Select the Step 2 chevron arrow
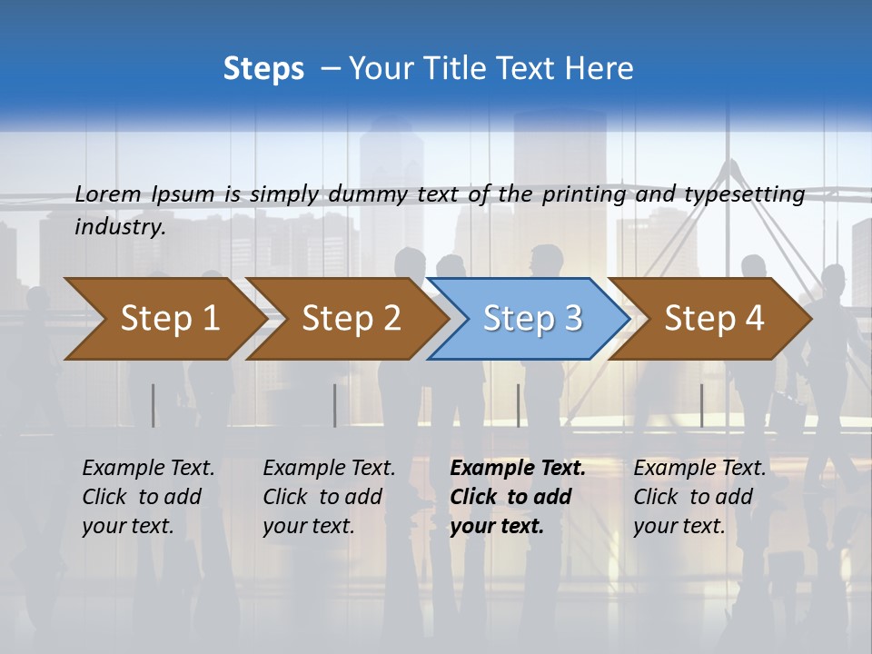point(351,319)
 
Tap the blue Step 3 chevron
point(531,319)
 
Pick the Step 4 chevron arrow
point(713,319)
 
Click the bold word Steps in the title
point(263,69)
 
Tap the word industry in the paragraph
point(119,226)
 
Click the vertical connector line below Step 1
point(153,405)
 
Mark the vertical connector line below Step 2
point(334,405)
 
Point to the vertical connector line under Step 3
point(518,405)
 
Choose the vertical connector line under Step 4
point(701,405)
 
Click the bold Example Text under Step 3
point(518,469)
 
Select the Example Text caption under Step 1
point(149,469)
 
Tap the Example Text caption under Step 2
point(330,469)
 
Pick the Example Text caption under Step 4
point(700,469)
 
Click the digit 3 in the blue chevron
point(572,319)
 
